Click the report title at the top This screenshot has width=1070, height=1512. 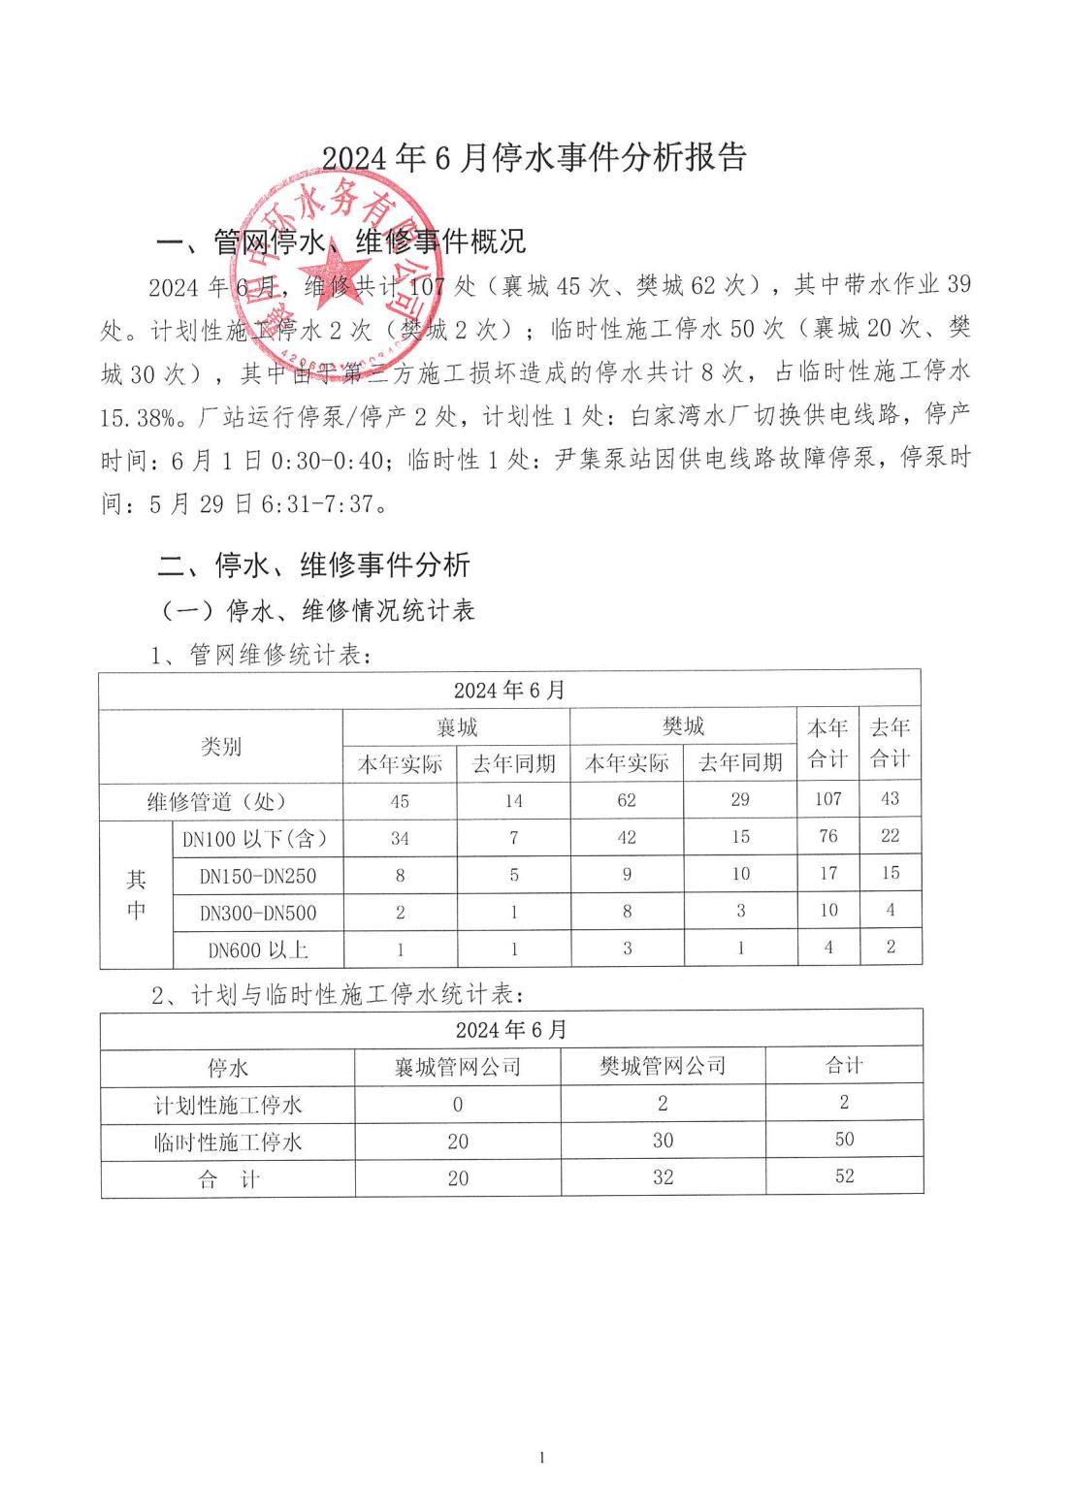tap(534, 157)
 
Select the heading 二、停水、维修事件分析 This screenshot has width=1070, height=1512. tap(313, 564)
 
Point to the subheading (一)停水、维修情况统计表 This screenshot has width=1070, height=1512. tap(317, 611)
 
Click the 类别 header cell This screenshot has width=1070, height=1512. tap(221, 747)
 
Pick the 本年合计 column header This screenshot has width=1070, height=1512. tap(827, 744)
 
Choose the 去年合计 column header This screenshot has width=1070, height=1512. tap(890, 744)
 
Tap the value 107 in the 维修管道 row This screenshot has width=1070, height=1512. tap(827, 799)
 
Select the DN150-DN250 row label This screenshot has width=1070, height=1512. tap(258, 876)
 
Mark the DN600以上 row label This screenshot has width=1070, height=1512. tap(258, 950)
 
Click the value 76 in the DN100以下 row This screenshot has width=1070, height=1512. tap(827, 837)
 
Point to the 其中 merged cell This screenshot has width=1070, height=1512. tap(137, 894)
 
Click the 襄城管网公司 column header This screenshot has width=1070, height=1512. tap(458, 1067)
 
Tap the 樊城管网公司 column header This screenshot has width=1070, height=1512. tap(663, 1066)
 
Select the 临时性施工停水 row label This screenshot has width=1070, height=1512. tap(228, 1142)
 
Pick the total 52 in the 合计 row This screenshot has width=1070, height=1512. tap(845, 1176)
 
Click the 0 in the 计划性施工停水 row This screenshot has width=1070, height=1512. tap(458, 1105)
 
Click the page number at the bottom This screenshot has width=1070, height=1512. tap(542, 1458)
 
